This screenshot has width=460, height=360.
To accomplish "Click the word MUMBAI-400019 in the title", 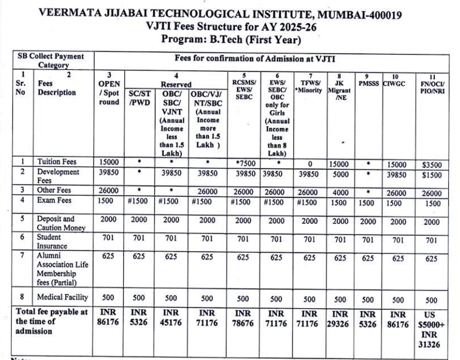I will click(361, 14).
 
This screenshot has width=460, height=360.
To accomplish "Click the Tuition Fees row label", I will click(57, 162).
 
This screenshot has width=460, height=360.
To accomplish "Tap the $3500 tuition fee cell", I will click(431, 165).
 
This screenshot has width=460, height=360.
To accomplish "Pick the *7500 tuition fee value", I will click(245, 164).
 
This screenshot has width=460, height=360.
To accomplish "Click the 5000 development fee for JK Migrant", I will click(340, 174).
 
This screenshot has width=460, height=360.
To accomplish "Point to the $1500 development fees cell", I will click(431, 175).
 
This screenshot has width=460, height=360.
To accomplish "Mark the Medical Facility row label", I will click(63, 297).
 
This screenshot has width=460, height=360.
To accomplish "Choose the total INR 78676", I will click(243, 319).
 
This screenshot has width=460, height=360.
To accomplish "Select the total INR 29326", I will click(340, 319).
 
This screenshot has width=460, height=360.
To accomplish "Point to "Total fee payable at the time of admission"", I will click(51, 321).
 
